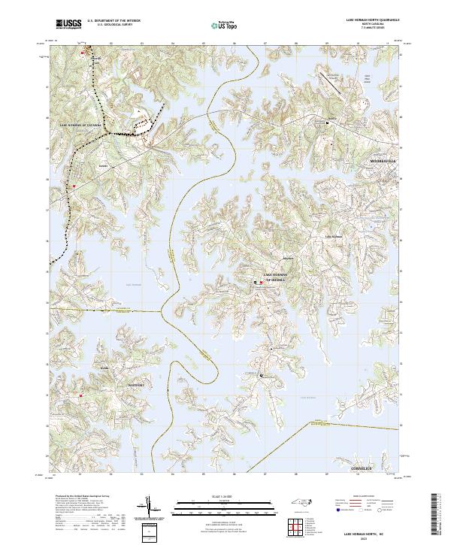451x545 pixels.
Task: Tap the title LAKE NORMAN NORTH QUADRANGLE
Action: click(x=372, y=20)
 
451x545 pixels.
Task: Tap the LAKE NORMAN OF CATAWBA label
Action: click(x=79, y=127)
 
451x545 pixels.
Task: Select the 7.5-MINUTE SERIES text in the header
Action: click(x=372, y=27)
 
